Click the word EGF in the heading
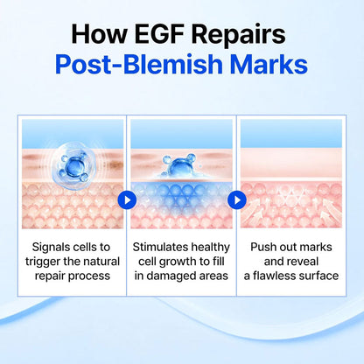point(160,34)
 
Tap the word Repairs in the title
point(239,36)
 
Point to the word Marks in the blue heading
point(269,64)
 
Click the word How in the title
point(99,34)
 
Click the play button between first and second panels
point(127,200)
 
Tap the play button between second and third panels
point(237,200)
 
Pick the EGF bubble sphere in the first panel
point(73,166)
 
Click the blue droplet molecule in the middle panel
point(178,165)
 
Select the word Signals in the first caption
point(52,248)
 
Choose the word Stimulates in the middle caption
point(160,247)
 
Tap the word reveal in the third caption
point(303,262)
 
